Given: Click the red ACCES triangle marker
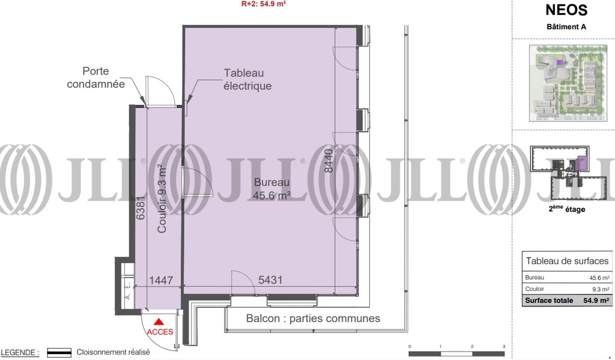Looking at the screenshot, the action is (159, 322).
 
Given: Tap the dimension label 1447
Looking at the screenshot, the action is (161, 280).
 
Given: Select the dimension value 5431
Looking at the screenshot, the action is (270, 280).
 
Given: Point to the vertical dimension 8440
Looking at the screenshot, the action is (329, 160).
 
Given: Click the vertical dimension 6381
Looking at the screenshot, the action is (141, 208).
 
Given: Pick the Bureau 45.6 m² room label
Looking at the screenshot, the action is (272, 189).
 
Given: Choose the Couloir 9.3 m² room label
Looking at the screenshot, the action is (162, 200).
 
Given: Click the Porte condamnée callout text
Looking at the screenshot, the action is (95, 78).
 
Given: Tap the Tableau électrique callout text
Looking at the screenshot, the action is (247, 79).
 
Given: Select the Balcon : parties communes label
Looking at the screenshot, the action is (313, 319).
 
